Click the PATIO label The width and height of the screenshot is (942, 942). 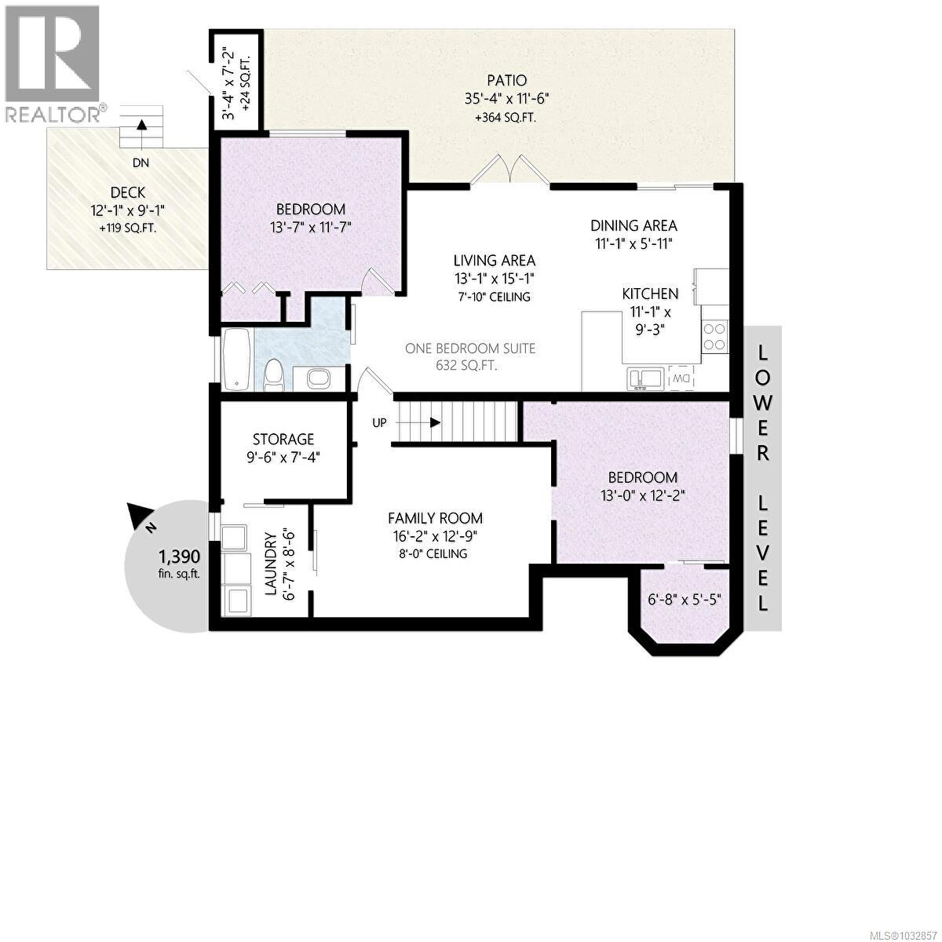[x=505, y=80]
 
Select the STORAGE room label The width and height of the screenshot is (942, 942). [x=283, y=440]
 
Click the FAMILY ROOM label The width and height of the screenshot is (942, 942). [x=435, y=518]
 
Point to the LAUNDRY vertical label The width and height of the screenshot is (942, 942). [x=270, y=565]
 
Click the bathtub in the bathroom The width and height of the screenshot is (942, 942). [x=237, y=359]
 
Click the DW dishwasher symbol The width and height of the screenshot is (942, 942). [x=681, y=379]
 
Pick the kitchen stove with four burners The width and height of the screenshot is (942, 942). [x=714, y=336]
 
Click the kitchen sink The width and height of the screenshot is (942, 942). [x=645, y=378]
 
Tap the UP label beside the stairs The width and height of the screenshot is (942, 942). [x=379, y=422]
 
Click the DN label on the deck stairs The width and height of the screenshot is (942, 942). [x=141, y=163]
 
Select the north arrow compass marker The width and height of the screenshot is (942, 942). [x=142, y=519]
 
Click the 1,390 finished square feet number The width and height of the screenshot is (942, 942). [x=179, y=557]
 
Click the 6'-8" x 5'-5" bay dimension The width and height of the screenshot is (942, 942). [x=685, y=599]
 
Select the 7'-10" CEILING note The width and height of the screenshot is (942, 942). [x=495, y=297]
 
